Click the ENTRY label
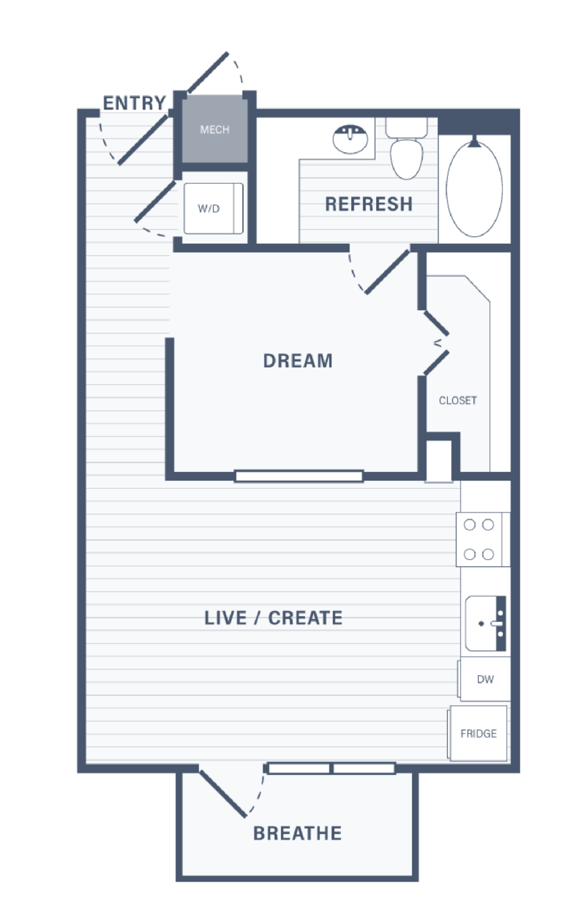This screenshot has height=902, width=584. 134,103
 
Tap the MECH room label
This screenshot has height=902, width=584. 215,130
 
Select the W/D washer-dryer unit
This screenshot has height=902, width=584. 213,209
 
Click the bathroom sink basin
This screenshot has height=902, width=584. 350,139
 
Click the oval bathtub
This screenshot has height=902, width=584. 475,188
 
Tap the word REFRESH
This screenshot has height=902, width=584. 369,204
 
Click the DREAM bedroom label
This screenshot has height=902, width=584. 298,361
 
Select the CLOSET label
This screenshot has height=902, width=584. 458,400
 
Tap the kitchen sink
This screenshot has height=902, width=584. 485,624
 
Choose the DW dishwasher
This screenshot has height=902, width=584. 485,679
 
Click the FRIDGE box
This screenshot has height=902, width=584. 478,733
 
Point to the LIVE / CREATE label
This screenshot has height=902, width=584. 273,618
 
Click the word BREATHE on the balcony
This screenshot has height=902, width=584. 298,833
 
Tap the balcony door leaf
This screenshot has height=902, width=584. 223,794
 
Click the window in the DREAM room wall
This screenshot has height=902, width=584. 299,477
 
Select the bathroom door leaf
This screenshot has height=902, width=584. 387,272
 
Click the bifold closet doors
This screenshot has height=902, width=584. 436,343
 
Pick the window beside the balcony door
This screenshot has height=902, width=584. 331,768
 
